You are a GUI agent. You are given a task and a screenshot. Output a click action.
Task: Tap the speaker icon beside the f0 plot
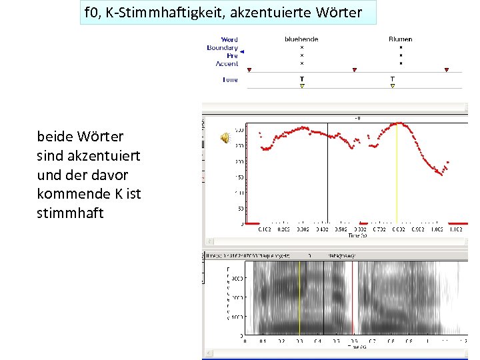tap(225, 137)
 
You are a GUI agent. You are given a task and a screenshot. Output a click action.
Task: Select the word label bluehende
tap(301, 39)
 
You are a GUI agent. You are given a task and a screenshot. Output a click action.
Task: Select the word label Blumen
tap(401, 39)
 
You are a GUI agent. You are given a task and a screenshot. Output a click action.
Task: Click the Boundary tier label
tap(222, 48)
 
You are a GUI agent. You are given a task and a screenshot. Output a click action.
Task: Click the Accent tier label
tap(227, 63)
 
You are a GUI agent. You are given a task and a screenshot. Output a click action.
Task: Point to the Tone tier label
tap(229, 80)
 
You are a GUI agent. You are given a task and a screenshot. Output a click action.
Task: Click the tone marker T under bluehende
tap(301, 79)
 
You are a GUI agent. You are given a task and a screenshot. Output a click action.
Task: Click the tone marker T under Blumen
tap(392, 79)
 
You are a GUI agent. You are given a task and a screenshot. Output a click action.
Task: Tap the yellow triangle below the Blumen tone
tap(392, 86)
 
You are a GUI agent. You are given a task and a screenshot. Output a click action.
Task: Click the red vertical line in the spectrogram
tap(353, 297)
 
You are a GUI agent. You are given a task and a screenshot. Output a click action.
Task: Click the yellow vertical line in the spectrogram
tap(299, 297)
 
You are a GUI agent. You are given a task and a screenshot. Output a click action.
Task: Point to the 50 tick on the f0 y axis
tap(240, 208)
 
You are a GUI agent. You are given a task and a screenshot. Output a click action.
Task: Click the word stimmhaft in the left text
tap(71, 214)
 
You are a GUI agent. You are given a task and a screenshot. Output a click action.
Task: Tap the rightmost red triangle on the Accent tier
tap(447, 70)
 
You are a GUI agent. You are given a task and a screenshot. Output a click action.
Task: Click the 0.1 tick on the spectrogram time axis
tap(263, 341)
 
